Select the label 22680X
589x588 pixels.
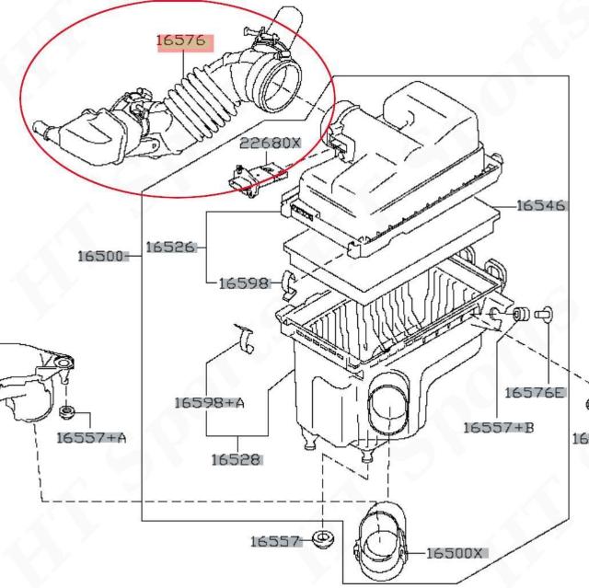point(271,144)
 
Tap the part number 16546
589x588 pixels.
point(539,205)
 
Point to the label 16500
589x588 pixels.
point(103,255)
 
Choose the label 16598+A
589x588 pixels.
point(209,402)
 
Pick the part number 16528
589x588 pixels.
point(235,458)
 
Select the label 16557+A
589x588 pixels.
point(90,437)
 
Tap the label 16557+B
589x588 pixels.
point(498,427)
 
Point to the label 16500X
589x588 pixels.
point(456,553)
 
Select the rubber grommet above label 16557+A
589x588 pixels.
point(66,409)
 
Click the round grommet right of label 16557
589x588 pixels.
point(322,538)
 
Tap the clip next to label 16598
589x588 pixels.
point(286,284)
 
